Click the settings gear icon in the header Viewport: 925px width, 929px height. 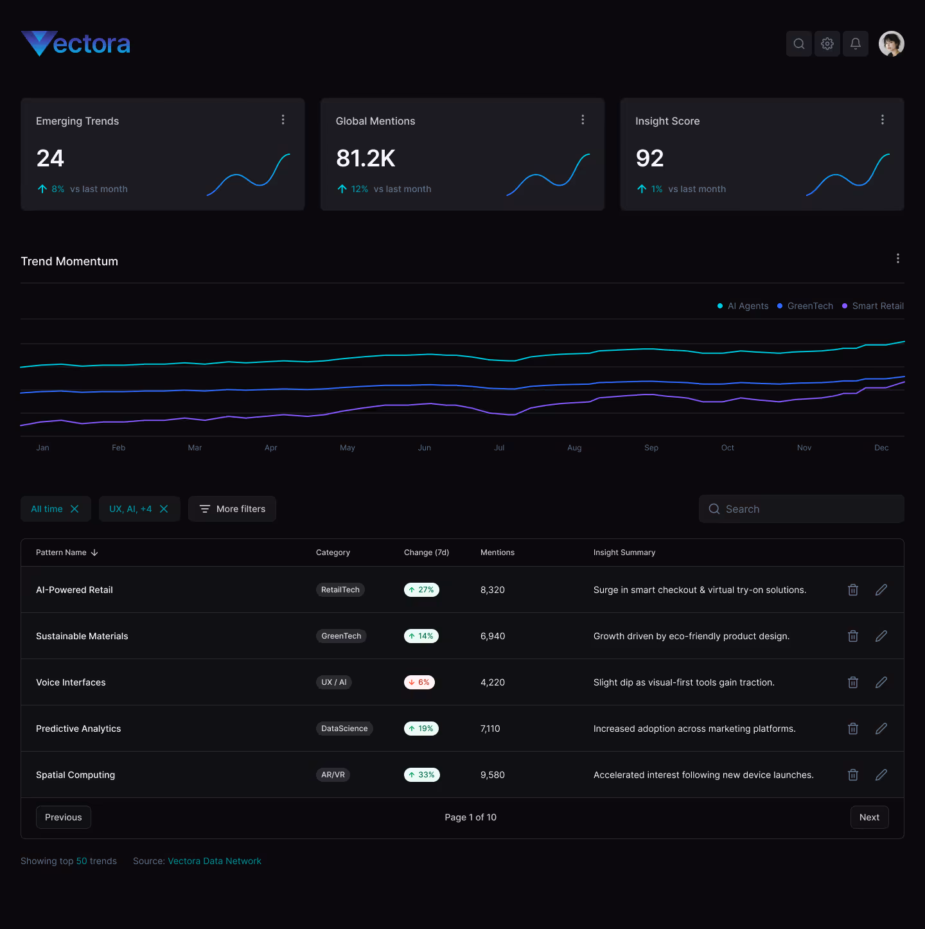827,44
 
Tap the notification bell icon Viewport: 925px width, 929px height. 856,44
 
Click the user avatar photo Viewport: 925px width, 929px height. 892,44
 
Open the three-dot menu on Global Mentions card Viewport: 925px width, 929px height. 583,119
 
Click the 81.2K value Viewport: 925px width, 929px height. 366,159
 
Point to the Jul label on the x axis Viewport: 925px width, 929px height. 499,448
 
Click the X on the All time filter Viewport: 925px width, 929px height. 75,509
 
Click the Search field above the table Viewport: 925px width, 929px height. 802,509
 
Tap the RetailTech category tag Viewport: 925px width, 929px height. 340,590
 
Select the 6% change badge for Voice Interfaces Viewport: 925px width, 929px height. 419,682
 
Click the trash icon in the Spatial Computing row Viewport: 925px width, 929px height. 853,775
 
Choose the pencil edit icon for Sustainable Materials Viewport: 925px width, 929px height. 881,636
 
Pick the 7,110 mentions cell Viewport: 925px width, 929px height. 490,729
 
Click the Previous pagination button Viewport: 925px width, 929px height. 64,817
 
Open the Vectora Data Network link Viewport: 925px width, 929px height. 215,861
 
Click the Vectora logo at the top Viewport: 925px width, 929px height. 76,44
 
